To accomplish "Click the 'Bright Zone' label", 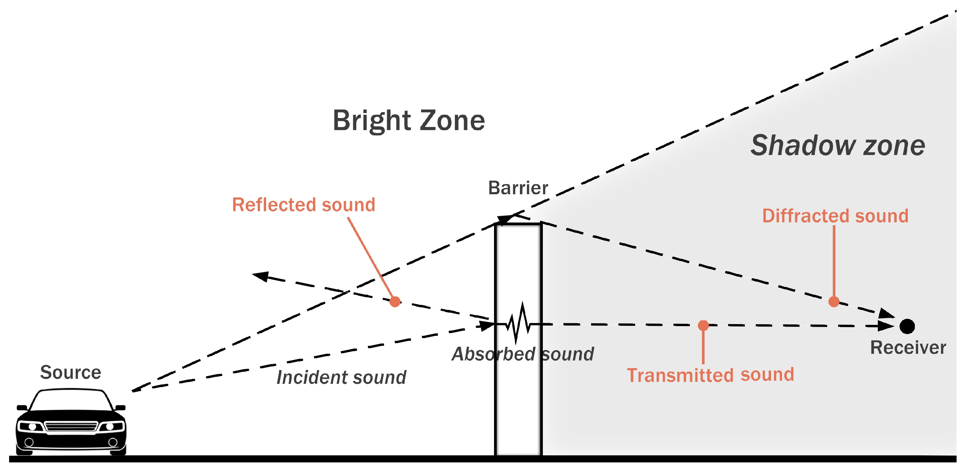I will point(409,121).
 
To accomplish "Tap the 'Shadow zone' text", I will point(838,146).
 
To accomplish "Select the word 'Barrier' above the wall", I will point(518,188).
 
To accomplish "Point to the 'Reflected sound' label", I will point(303,205).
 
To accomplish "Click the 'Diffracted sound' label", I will point(835,216).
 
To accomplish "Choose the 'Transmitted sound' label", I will point(710,375).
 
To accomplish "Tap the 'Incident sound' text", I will point(341,377).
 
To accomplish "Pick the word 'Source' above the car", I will point(71,372).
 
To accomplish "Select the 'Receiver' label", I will point(908,348).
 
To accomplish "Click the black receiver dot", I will point(907,326).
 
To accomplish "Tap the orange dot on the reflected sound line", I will point(395,301).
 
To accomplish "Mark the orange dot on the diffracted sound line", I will point(834,301).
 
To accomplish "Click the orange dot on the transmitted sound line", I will point(703,325).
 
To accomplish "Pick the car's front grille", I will point(71,426).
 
